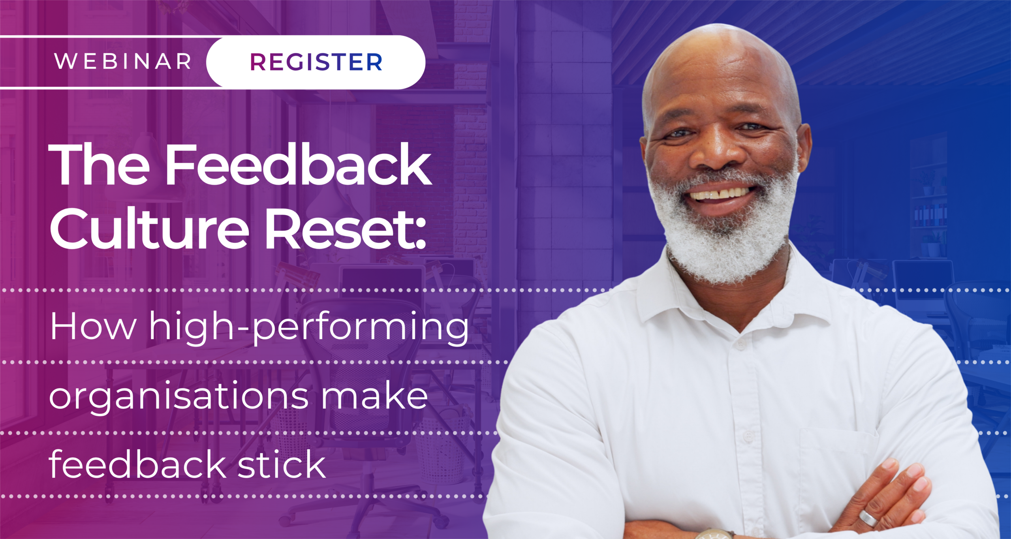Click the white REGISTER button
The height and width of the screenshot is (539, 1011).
click(x=316, y=62)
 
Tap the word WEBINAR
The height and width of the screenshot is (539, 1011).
click(x=123, y=62)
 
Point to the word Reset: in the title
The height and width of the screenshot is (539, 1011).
click(x=346, y=229)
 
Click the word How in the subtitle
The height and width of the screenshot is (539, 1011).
click(x=93, y=326)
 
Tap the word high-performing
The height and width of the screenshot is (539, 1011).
click(x=309, y=329)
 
